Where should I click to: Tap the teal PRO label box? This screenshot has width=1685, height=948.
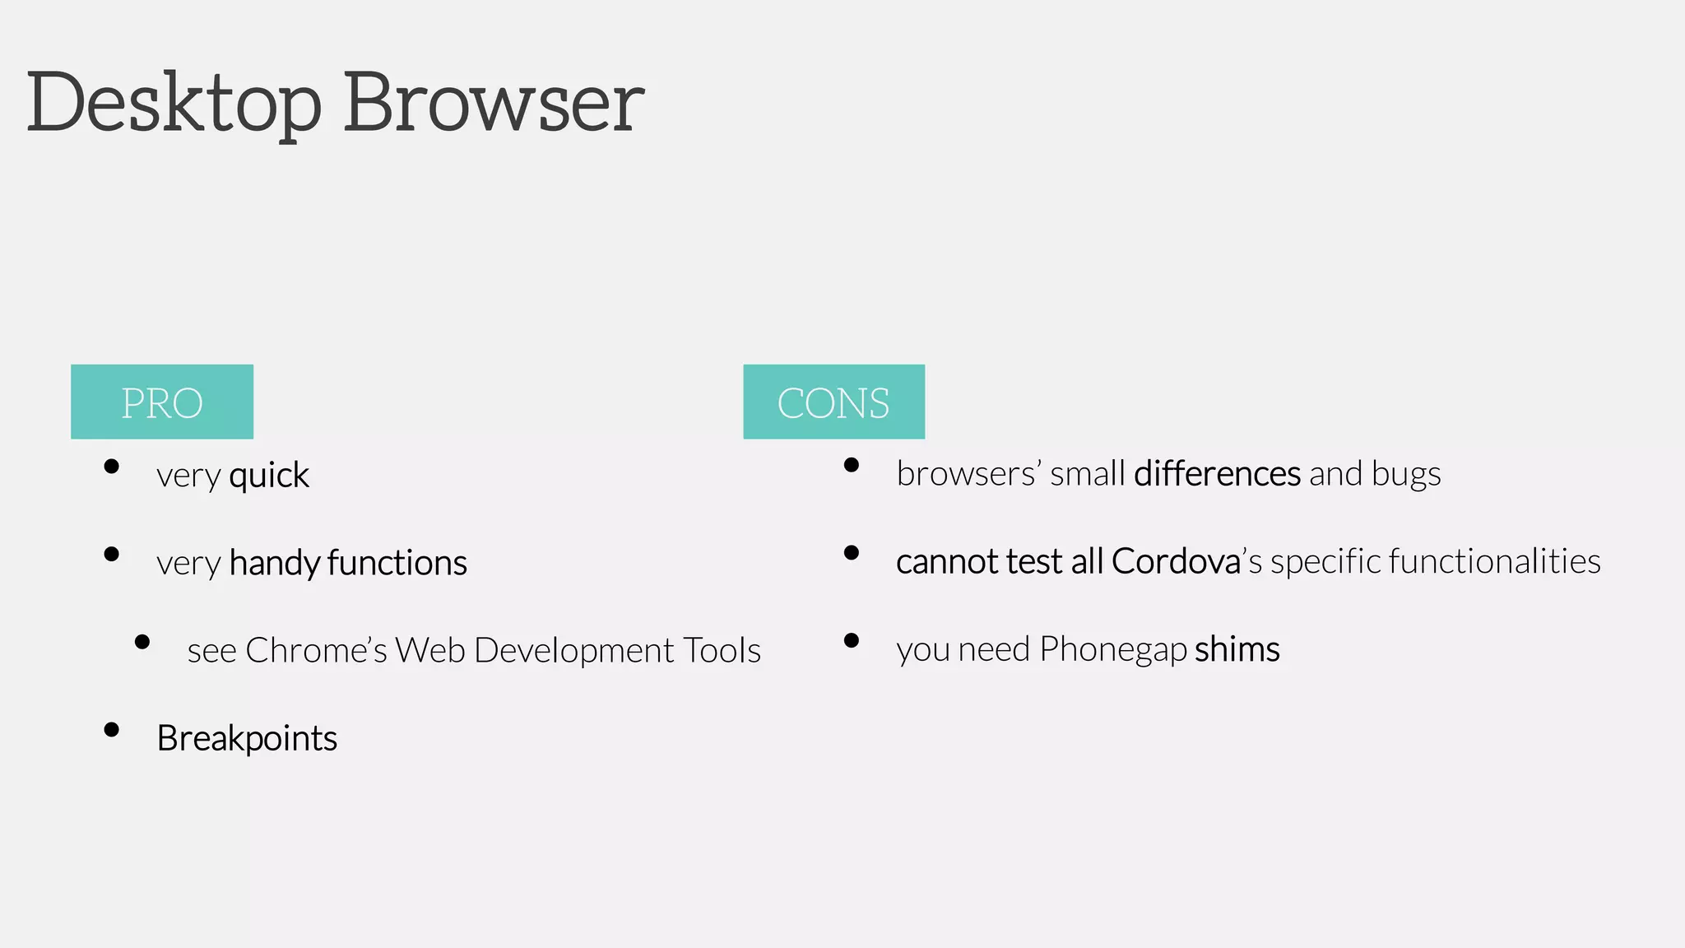tap(162, 402)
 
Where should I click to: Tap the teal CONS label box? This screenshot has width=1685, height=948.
tap(833, 402)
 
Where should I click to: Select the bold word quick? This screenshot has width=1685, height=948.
tap(269, 476)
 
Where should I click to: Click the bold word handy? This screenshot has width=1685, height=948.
tap(274, 563)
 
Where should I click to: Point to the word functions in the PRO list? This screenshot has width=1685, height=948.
tap(397, 563)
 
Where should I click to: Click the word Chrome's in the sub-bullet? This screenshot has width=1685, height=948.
tap(316, 650)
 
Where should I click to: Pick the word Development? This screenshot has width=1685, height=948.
tap(574, 650)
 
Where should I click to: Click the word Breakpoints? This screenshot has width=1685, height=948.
tap(247, 738)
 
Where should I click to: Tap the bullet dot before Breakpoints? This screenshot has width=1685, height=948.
tap(112, 730)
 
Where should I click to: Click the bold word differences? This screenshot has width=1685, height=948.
tap(1217, 474)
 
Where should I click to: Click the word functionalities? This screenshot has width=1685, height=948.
tap(1494, 561)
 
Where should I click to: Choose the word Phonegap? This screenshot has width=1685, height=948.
tap(1112, 649)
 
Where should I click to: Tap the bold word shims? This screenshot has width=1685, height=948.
tap(1237, 649)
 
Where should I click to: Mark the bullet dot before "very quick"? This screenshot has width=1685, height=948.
tap(112, 467)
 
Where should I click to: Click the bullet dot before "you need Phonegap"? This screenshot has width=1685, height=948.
tap(852, 640)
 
